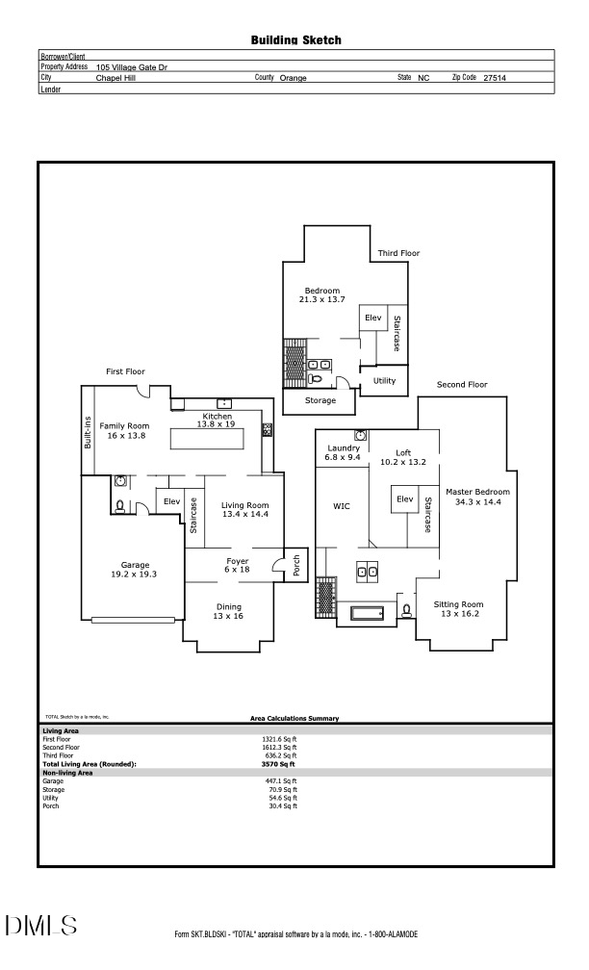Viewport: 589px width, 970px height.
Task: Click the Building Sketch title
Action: (295, 40)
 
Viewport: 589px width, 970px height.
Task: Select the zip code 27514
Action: (496, 78)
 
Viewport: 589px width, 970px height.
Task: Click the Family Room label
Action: (125, 425)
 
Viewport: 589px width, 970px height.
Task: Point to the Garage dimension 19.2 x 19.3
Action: (135, 574)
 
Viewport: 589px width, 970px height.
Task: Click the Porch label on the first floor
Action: (296, 567)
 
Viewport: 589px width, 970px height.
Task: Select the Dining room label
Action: (228, 606)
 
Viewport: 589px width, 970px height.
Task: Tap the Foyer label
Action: (237, 561)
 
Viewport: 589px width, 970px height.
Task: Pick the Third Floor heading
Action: (398, 253)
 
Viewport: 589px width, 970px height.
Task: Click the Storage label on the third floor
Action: (320, 400)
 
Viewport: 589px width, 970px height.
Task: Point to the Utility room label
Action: (384, 381)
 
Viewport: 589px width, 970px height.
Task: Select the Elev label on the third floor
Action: (372, 318)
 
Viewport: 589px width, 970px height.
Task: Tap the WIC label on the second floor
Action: (342, 505)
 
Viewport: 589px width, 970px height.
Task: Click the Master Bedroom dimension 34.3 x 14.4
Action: (477, 501)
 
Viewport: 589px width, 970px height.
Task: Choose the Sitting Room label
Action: (458, 604)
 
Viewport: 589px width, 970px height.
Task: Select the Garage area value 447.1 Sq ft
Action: (283, 780)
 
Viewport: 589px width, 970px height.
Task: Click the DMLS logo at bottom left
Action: (41, 926)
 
